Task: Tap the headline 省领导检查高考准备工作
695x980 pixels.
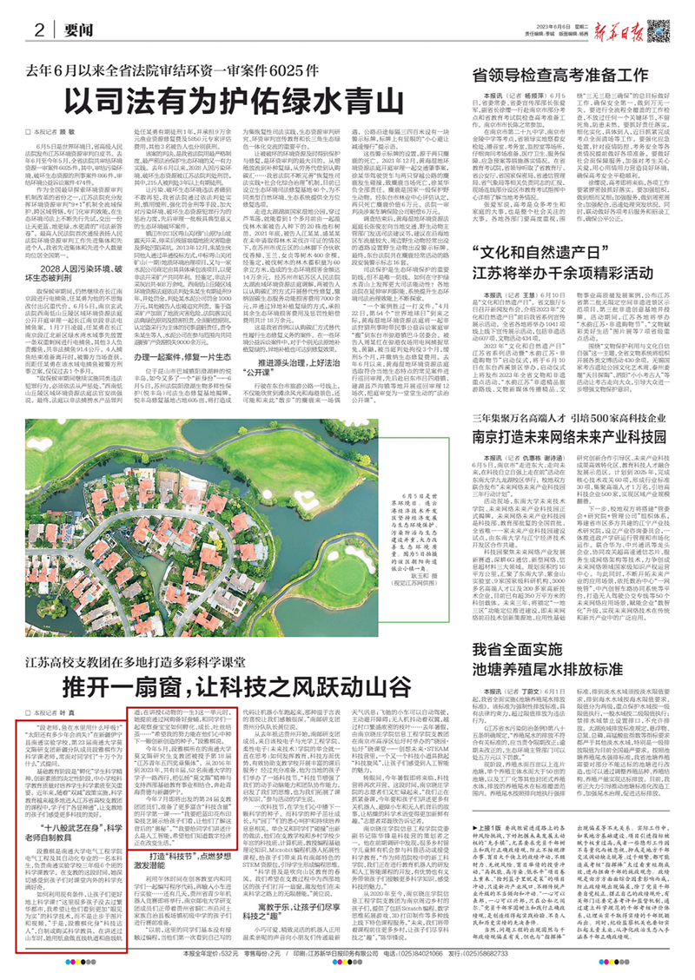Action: coord(574,76)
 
